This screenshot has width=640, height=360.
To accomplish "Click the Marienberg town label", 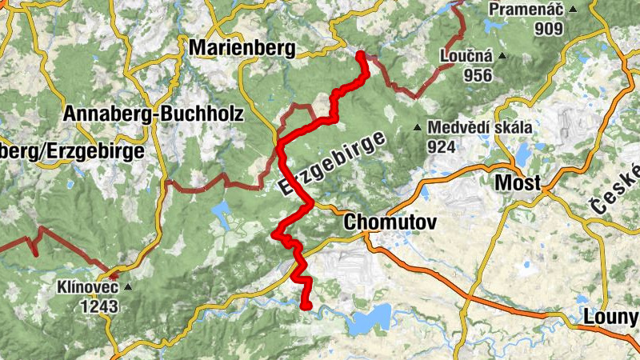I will pos(242,48).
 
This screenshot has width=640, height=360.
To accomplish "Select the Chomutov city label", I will pos(390,223).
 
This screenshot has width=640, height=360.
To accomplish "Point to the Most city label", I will pos(518,183).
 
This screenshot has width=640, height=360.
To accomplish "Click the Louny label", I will pos(610,317).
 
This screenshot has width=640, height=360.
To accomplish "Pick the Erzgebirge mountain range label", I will pos(328,160).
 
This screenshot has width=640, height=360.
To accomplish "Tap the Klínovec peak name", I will pos(87,286).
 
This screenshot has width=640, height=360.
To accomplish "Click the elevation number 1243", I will pos(98,306).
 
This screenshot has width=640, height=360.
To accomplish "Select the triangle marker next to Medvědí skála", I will pos(417,128).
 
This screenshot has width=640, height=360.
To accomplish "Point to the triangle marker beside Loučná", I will pos(502,56).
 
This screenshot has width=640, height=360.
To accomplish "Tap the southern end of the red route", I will pos(306,305).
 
